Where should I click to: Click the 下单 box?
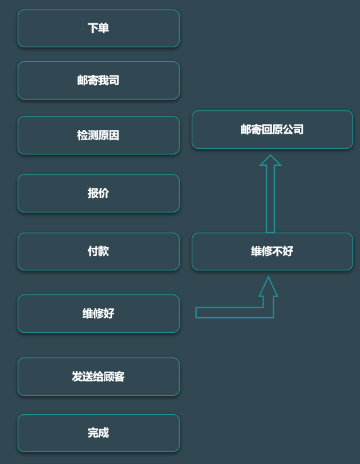98,28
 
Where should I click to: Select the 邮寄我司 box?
98,81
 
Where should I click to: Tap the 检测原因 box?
98,136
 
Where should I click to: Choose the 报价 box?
98,194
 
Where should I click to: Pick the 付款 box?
98,252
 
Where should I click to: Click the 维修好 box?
98,314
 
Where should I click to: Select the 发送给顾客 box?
98,377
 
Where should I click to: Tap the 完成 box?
98,433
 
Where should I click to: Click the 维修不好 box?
272,252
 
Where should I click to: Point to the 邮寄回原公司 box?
272,130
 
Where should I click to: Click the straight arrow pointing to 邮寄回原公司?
270,194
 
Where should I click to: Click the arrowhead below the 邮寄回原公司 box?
270,160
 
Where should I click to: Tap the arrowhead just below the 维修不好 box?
268,286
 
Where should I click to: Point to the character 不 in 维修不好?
277,252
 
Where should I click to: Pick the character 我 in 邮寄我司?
103,81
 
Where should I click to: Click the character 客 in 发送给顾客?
119,377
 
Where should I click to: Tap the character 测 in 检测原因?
93,136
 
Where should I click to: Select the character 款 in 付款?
103,252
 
